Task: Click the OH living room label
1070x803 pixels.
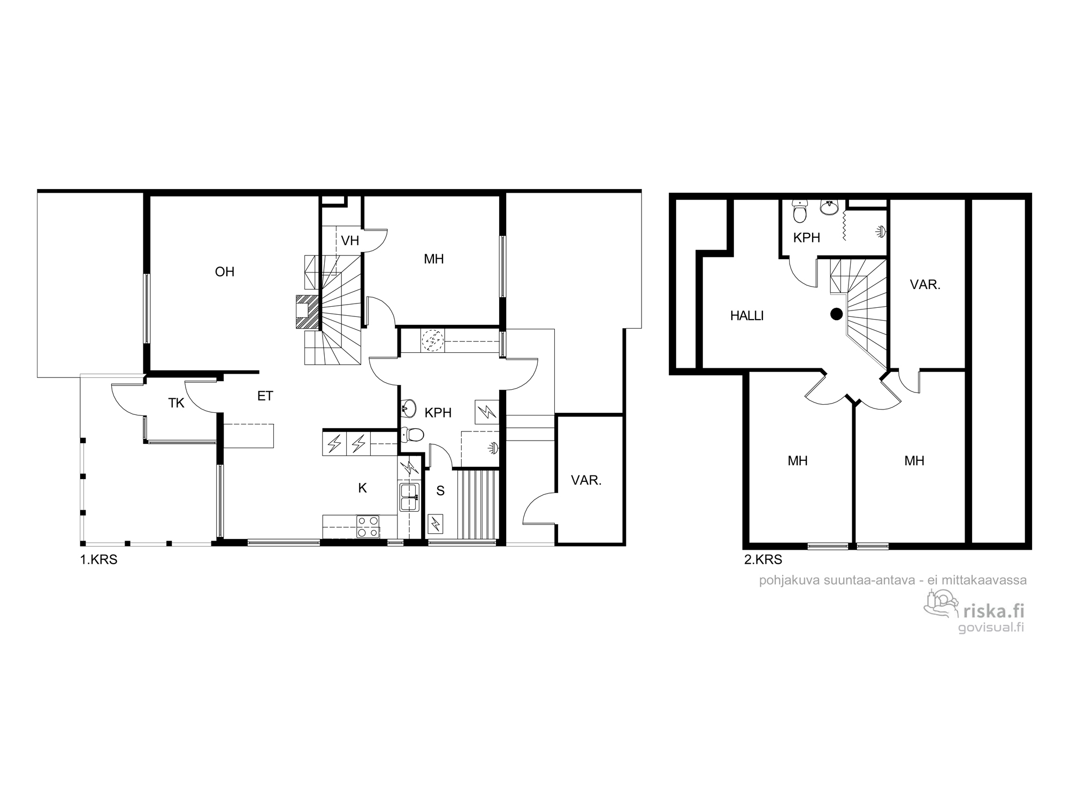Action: click(x=225, y=272)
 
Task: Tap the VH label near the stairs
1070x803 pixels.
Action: click(x=350, y=241)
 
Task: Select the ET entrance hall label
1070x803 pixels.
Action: click(x=265, y=396)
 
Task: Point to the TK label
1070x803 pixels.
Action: click(x=177, y=403)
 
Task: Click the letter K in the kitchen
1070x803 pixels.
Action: click(x=363, y=488)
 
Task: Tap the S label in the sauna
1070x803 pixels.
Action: click(x=440, y=491)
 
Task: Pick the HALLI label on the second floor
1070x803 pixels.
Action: click(x=747, y=316)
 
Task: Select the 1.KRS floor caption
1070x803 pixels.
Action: click(x=98, y=560)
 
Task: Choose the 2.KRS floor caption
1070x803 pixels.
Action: click(x=763, y=560)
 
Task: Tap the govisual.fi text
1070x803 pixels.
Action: click(x=991, y=628)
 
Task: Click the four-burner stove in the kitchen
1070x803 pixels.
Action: click(x=368, y=526)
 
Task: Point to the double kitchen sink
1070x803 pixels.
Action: click(x=410, y=497)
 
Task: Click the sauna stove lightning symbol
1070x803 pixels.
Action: click(x=436, y=523)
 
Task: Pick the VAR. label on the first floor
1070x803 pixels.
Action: click(x=586, y=481)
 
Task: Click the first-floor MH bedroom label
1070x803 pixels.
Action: click(x=434, y=259)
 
